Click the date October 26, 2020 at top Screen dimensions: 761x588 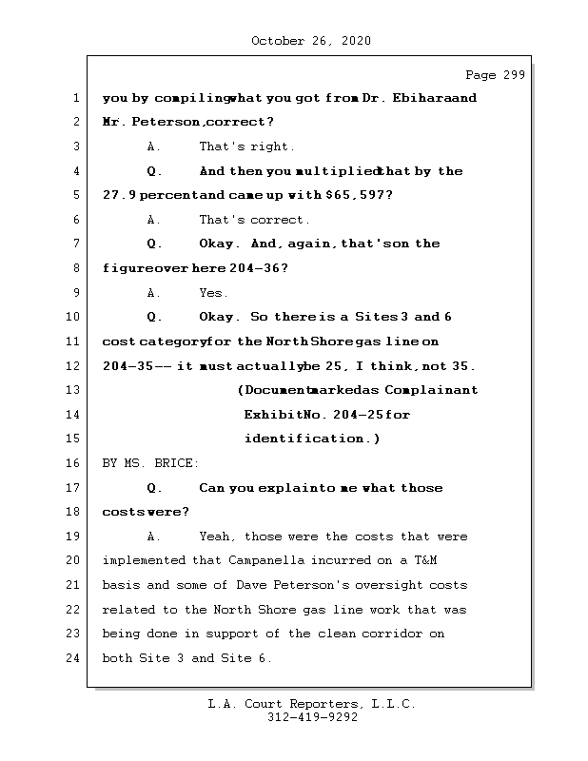311,41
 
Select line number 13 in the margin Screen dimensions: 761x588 76,390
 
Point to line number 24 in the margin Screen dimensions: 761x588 76,658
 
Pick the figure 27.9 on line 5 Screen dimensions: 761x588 119,195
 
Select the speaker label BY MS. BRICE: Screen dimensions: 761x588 150,463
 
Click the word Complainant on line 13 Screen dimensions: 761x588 433,390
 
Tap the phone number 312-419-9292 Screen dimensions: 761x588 312,718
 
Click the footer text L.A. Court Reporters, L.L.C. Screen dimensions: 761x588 312,704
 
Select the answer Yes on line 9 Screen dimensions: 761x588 213,293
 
